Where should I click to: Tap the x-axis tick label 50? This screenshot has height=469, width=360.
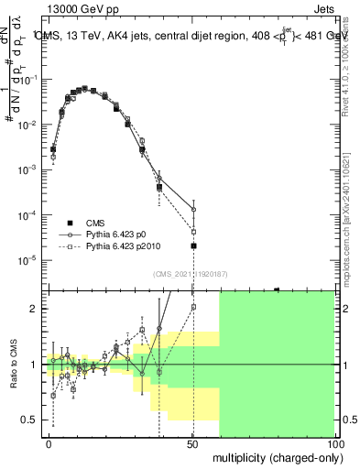[192, 443]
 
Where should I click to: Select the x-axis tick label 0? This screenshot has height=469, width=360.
[49, 443]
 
